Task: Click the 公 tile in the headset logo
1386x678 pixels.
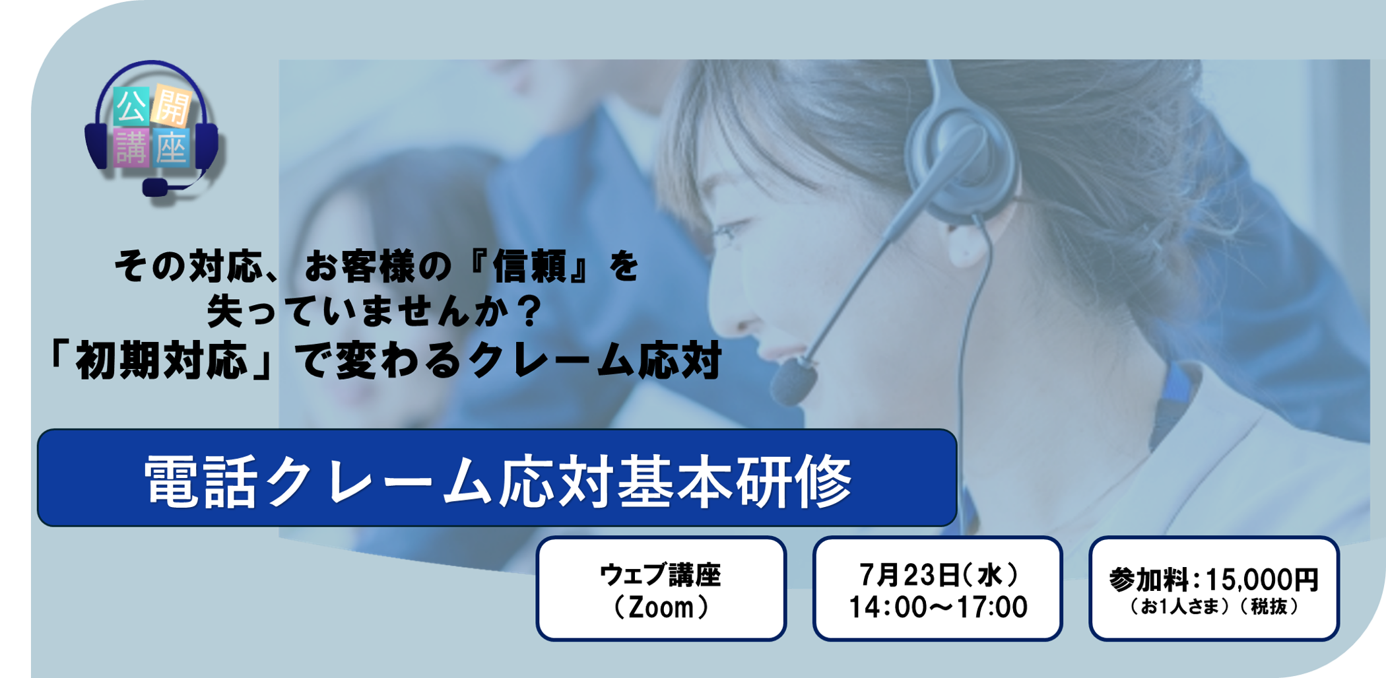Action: coord(131,106)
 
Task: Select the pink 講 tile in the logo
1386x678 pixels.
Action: coord(131,147)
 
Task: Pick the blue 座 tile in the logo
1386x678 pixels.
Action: coord(172,148)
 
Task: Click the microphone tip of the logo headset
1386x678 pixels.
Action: coord(155,187)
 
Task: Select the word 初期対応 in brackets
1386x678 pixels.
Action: coord(161,361)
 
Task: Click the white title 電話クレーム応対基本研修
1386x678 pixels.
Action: coord(498,481)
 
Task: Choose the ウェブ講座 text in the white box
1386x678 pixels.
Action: coord(660,575)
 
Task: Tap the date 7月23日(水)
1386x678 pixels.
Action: coord(938,575)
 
